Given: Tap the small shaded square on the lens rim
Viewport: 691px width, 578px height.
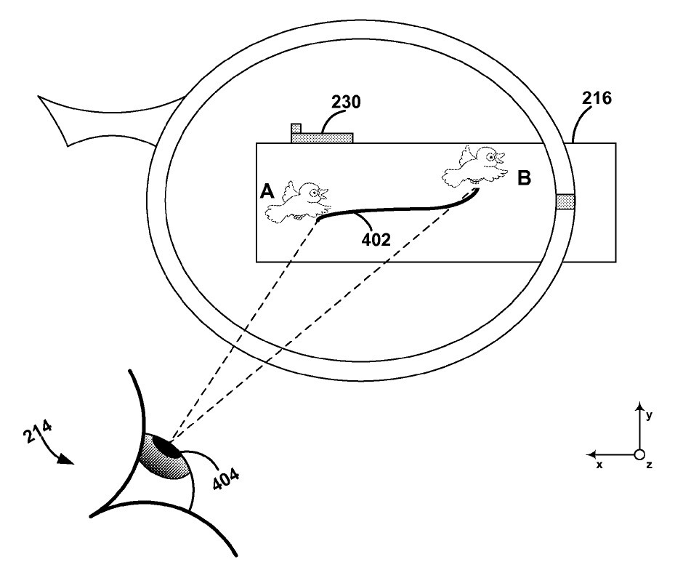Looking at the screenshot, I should pyautogui.click(x=565, y=202).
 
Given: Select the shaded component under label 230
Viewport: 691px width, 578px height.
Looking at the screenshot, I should pyautogui.click(x=322, y=136).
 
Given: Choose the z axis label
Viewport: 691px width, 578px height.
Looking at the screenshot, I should pyautogui.click(x=649, y=465).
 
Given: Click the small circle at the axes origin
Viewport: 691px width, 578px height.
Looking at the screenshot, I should pyautogui.click(x=639, y=454).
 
